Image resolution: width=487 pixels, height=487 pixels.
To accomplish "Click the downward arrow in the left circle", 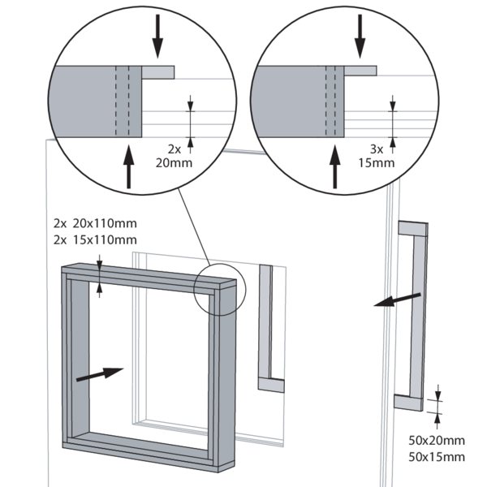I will [x=158, y=36].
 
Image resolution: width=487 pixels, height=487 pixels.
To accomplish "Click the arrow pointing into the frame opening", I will [x=101, y=374].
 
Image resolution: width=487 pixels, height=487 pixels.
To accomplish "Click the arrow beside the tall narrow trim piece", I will [x=398, y=300].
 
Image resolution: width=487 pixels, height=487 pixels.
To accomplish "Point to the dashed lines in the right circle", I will [x=330, y=101].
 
